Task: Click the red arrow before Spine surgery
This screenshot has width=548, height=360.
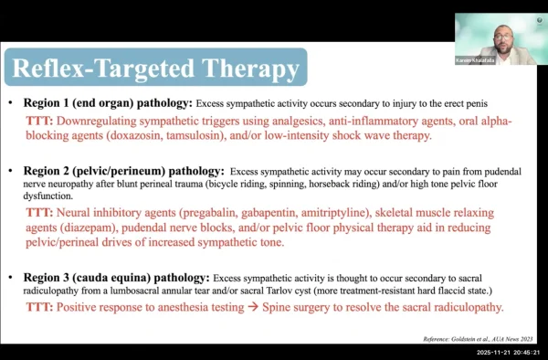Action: pyautogui.click(x=253, y=308)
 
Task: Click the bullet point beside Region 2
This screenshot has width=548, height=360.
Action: pyautogui.click(x=10, y=171)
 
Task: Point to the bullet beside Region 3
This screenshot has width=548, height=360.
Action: pyautogui.click(x=10, y=278)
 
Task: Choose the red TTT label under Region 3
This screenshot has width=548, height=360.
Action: pyautogui.click(x=39, y=307)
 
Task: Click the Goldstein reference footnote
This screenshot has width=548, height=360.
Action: pyautogui.click(x=478, y=339)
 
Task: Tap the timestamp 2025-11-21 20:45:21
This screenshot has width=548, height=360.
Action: pyautogui.click(x=508, y=353)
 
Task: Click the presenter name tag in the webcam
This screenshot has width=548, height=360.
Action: pyautogui.click(x=475, y=61)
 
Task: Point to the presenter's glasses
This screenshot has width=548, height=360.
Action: pyautogui.click(x=503, y=37)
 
